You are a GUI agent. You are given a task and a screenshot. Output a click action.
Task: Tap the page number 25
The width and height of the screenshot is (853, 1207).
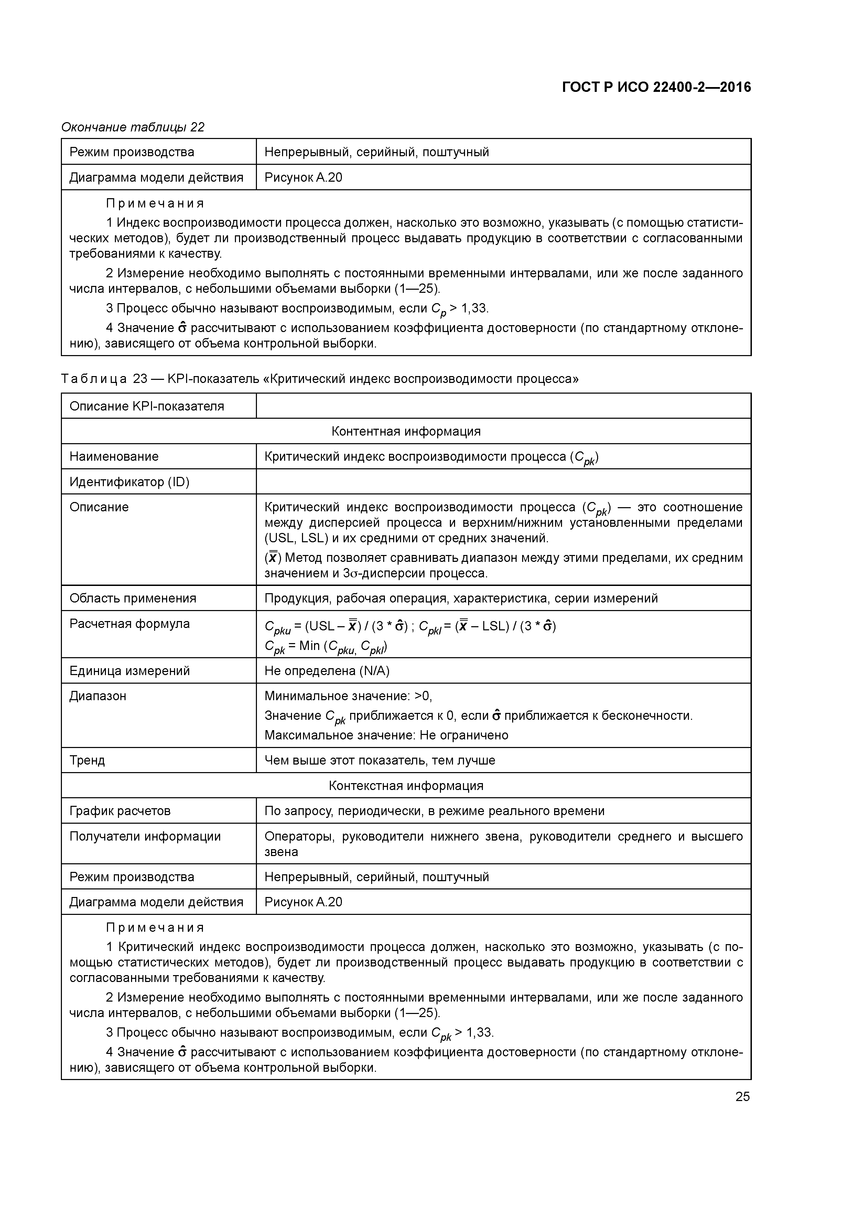coord(742,1097)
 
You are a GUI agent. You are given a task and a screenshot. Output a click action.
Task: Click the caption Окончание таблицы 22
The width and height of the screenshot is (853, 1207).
coord(133,127)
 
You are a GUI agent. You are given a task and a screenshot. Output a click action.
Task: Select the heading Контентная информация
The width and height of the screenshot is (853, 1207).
coord(406,431)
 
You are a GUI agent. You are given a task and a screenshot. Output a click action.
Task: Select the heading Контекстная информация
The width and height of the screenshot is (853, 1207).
coord(406,786)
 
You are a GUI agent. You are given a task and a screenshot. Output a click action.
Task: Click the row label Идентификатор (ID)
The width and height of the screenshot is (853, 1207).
coord(129,482)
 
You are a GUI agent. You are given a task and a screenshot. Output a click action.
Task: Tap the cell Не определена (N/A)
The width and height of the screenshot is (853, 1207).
coord(326,671)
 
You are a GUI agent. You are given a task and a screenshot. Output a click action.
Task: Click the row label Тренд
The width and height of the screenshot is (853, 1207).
coord(87,760)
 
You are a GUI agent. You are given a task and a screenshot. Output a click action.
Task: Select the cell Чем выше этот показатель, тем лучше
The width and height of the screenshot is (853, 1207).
coord(379,760)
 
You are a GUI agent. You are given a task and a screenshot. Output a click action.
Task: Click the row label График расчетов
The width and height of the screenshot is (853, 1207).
coord(120,811)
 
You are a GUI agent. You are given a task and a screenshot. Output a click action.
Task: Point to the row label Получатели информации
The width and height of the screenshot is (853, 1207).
coord(145,836)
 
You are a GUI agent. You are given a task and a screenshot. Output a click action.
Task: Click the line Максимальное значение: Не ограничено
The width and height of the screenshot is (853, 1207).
coord(386,735)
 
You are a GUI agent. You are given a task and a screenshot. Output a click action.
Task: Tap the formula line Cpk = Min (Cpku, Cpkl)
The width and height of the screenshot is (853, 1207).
coord(326,647)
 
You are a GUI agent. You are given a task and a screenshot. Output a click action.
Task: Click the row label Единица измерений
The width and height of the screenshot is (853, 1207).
coord(129,671)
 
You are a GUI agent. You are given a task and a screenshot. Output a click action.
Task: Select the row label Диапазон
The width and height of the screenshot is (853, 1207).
coord(98,696)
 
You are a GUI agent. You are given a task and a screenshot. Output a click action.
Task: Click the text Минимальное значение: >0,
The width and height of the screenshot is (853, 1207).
coord(348,696)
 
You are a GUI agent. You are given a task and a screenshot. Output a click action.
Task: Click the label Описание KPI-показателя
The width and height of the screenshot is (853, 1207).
coord(147,406)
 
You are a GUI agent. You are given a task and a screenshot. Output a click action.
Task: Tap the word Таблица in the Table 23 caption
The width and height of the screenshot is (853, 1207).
coord(94,379)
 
